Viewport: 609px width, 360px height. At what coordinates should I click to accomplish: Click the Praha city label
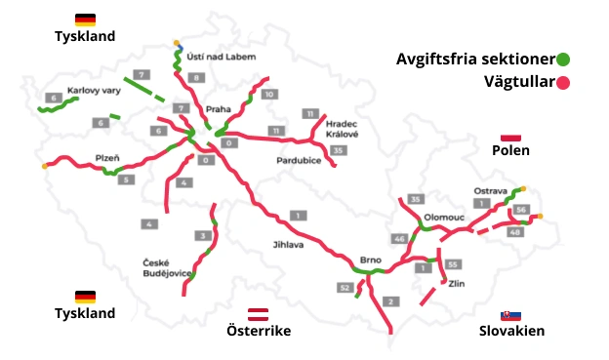coord(218,109)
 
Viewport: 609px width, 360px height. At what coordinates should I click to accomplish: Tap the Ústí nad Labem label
coord(222,57)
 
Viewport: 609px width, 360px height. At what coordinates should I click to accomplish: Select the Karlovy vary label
coord(93,90)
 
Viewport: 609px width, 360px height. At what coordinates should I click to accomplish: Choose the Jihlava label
coord(287,245)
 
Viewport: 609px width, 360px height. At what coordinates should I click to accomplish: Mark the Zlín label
coord(457,285)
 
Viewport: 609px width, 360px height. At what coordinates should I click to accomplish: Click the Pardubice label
coord(300,159)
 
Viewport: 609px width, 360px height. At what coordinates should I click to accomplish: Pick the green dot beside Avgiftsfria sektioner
coord(563,59)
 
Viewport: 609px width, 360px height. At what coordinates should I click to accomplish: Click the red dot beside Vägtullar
coord(563,82)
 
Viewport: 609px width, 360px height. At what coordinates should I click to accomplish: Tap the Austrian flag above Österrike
coord(259,314)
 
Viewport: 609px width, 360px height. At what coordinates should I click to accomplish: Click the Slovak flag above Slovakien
coord(510,315)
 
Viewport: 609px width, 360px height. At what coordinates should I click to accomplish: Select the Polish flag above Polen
coord(510,138)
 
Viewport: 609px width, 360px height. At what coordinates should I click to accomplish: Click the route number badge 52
coord(344,288)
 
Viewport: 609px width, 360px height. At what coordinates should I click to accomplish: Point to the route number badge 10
coord(270,94)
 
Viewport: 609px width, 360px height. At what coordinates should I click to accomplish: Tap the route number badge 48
coord(515,231)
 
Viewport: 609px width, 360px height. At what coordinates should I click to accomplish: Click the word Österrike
coord(259,332)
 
